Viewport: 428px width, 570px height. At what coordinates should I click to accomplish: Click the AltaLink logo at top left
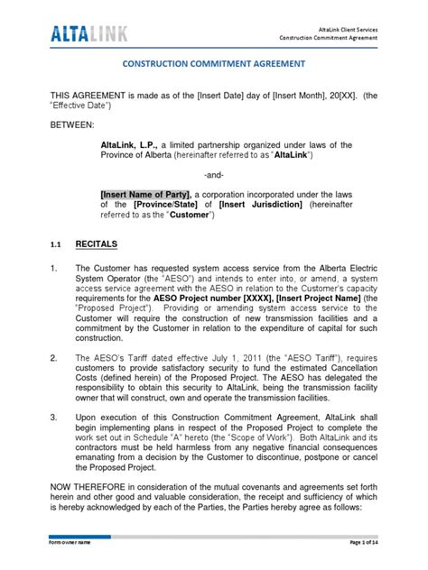(87, 34)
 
